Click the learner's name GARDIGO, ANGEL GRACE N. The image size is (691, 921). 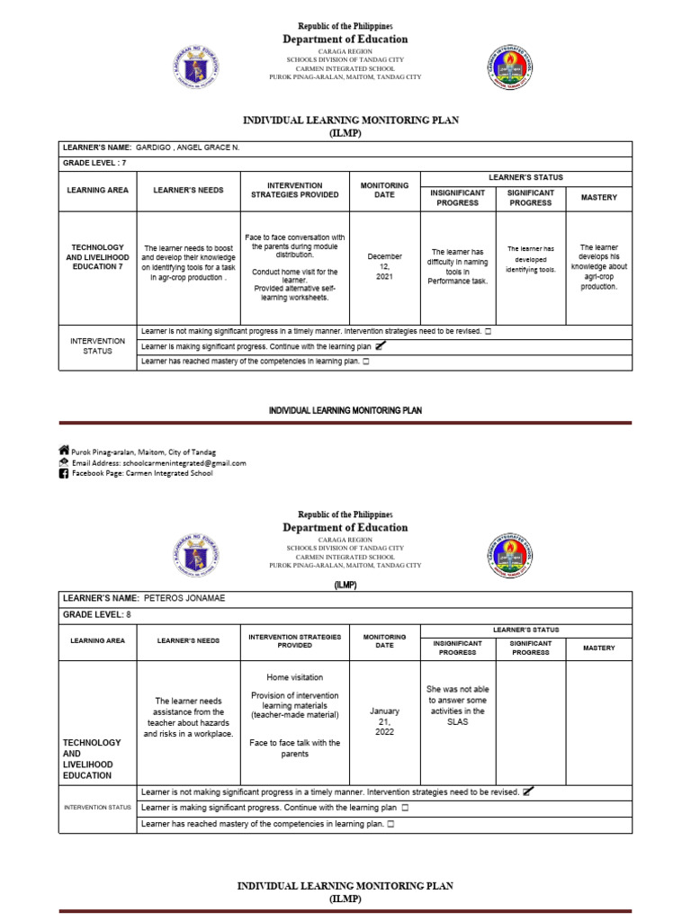188,148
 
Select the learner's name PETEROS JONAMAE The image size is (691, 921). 186,597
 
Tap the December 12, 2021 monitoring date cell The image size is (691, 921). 385,266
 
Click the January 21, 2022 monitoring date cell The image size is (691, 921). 384,721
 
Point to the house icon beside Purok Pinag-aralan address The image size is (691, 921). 64,451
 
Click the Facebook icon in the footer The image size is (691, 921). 64,474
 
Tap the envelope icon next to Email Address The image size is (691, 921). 64,462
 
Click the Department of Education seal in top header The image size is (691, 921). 195,66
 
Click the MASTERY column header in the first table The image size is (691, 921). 598,198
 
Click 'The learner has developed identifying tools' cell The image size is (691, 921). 531,259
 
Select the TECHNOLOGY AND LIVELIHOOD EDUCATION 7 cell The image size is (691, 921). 97,257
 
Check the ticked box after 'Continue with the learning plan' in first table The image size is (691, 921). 380,345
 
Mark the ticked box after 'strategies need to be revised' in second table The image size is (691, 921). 526,791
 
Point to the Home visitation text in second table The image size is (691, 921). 294,677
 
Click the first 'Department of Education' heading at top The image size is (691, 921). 345,40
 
